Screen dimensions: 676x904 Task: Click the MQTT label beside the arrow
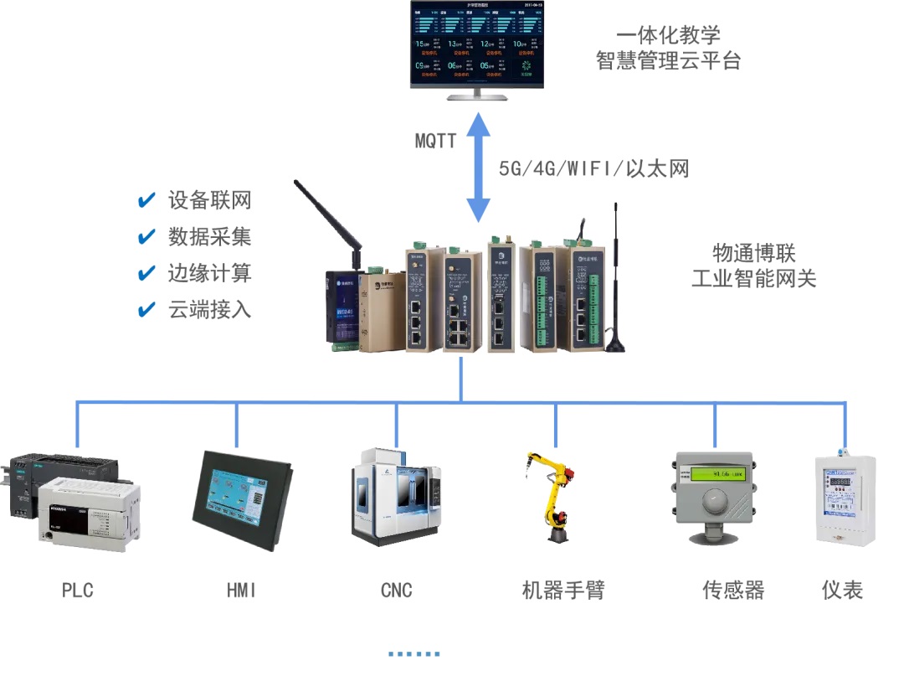pos(435,141)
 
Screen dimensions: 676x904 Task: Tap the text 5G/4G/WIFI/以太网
pos(593,168)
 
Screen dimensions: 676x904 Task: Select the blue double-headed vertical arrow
pos(478,168)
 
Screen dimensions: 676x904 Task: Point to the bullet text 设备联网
pos(209,200)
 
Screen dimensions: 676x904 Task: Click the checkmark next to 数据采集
pos(146,237)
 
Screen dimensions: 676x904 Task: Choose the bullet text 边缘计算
pos(209,273)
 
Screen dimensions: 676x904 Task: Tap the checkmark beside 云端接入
pos(146,310)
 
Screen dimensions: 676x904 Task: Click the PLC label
pos(77,590)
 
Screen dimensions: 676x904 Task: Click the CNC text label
pos(396,590)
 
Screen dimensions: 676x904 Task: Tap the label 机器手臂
pos(562,590)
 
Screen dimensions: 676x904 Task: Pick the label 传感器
pos(733,590)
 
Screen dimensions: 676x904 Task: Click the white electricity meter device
pos(845,501)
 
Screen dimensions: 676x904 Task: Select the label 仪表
pos(842,590)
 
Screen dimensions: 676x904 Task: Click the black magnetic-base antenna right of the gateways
pos(617,285)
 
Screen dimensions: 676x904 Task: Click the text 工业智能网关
pos(753,278)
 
